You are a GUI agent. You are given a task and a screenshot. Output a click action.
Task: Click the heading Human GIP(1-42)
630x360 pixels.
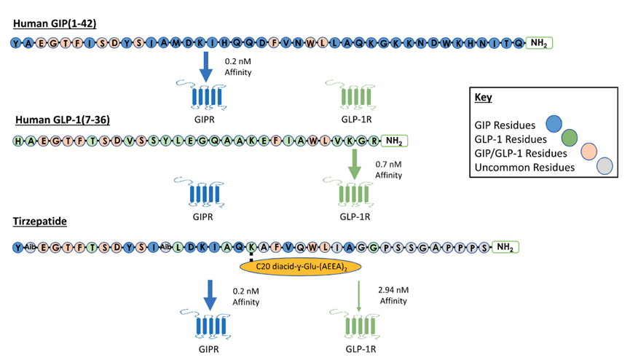(x=55, y=24)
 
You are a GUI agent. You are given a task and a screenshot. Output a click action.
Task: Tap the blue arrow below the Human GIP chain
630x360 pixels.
(x=207, y=67)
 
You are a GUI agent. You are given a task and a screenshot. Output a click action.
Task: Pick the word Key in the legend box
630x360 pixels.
(x=483, y=97)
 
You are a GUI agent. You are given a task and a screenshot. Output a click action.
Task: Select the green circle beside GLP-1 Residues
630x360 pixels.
(x=569, y=136)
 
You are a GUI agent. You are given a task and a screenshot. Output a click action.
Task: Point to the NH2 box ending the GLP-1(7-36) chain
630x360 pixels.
(x=393, y=140)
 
